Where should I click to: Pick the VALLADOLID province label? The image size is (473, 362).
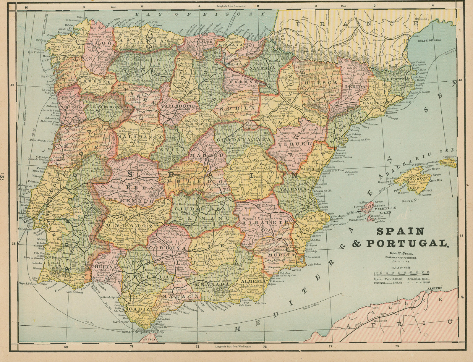pos(177,105)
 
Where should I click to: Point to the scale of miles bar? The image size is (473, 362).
pos(399,272)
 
